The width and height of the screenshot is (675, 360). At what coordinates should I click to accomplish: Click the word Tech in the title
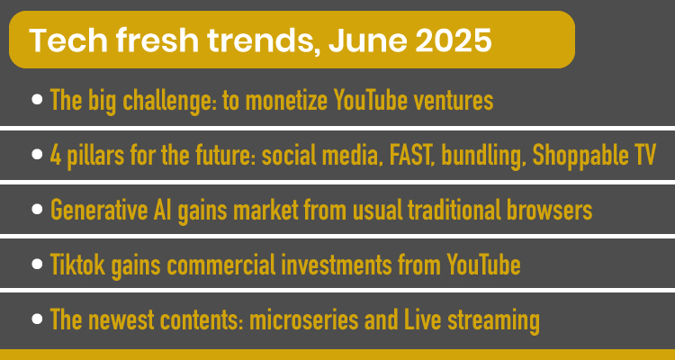[68, 40]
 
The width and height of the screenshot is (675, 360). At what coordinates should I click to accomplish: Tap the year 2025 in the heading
[453, 40]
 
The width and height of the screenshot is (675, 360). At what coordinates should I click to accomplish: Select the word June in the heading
[367, 40]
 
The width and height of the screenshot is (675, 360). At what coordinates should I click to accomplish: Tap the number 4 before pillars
[55, 156]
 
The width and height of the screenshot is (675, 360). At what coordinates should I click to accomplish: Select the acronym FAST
[412, 156]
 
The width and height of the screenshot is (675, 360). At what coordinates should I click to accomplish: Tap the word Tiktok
[77, 265]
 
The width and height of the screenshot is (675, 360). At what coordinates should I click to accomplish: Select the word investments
[337, 265]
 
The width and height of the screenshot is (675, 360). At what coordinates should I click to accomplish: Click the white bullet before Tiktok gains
[37, 264]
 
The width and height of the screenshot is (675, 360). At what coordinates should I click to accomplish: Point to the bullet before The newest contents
[37, 319]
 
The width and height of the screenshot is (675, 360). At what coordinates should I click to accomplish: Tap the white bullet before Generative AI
[37, 210]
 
